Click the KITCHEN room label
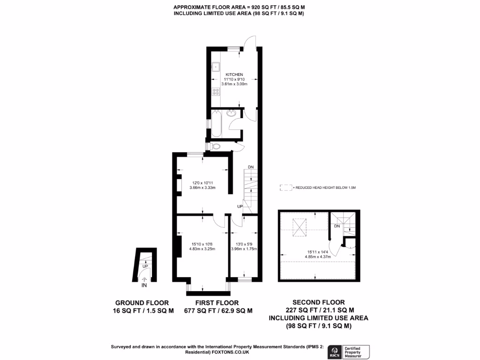pyautogui.click(x=234, y=75)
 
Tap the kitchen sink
pyautogui.click(x=216, y=66)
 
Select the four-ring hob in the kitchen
pyautogui.click(x=217, y=91)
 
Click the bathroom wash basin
pyautogui.click(x=231, y=113)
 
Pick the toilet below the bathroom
pyautogui.click(x=215, y=147)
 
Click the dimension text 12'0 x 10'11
pyautogui.click(x=202, y=182)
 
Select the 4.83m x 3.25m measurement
pyautogui.click(x=202, y=249)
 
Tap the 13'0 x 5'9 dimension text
pyautogui.click(x=244, y=243)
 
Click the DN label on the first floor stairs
pyautogui.click(x=251, y=167)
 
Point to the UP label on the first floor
pyautogui.click(x=240, y=206)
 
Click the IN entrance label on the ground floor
pyautogui.click(x=144, y=285)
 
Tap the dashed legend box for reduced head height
pyautogui.click(x=285, y=187)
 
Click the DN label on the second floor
pyautogui.click(x=337, y=226)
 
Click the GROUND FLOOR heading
pyautogui.click(x=142, y=303)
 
